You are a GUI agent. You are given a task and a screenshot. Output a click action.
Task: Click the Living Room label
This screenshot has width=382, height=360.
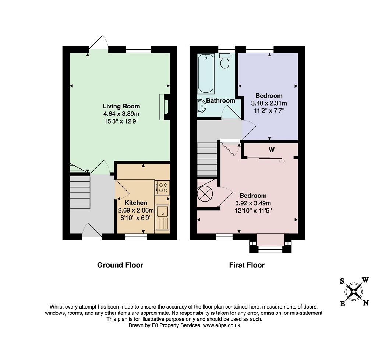[x=121, y=106]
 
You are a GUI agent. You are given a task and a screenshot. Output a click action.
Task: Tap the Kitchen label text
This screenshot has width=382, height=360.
[x=136, y=203]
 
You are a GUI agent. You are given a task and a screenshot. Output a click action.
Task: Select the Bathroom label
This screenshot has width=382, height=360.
[x=220, y=100]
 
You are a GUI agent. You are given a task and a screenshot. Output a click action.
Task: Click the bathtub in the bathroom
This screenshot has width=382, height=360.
[x=206, y=74]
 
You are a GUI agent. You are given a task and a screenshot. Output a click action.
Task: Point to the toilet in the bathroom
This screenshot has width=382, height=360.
[x=224, y=61]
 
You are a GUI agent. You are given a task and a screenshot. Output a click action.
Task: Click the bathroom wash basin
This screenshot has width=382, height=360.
[x=201, y=106]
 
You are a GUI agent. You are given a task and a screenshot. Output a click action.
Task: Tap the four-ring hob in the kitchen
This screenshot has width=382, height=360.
[x=162, y=188]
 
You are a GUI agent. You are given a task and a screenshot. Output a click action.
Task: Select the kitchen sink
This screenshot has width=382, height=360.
[x=162, y=218]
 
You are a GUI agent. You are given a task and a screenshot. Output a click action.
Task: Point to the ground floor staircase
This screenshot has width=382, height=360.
[x=80, y=192]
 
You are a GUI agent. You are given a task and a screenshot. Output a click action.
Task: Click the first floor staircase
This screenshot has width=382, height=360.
[x=207, y=159]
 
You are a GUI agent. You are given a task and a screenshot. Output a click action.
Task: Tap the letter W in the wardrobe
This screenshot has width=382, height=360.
[x=272, y=150]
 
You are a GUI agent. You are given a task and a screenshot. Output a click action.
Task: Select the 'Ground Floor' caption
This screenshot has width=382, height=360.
[x=120, y=265]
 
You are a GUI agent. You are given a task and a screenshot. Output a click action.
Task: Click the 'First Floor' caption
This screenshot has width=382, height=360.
[x=247, y=265]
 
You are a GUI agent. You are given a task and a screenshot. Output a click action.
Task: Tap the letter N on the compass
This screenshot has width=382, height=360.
[x=366, y=303]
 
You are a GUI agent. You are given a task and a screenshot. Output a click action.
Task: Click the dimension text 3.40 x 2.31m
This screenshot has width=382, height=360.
[x=269, y=103]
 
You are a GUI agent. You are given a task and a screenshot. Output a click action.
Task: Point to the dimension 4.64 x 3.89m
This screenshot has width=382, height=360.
[x=121, y=114]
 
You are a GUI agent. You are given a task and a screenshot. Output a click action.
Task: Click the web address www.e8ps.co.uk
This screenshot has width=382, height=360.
[x=222, y=325]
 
